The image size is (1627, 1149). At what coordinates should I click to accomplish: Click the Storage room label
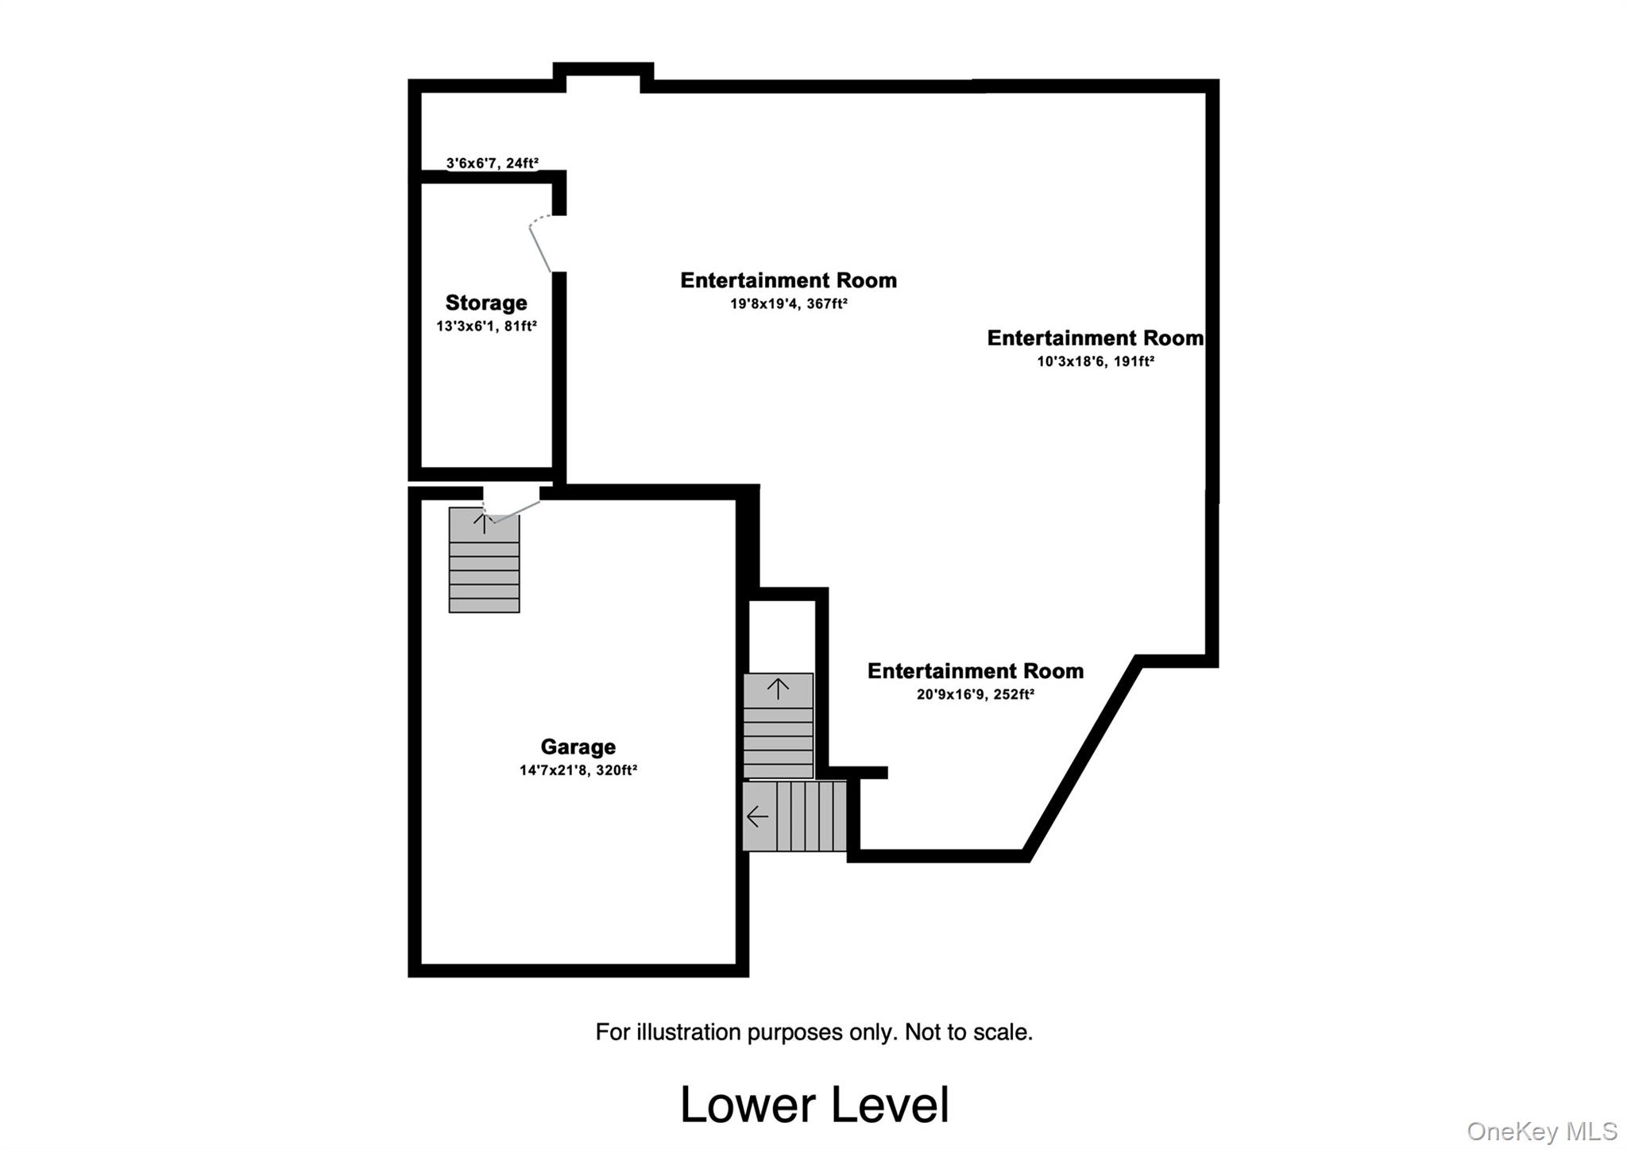[x=485, y=303]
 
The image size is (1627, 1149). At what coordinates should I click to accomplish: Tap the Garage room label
[x=578, y=746]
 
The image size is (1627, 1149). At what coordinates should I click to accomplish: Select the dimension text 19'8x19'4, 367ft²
[x=788, y=303]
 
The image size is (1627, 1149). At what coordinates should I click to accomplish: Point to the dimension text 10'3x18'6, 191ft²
[x=1095, y=361]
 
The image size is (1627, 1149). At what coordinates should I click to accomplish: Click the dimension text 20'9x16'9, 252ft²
[x=975, y=694]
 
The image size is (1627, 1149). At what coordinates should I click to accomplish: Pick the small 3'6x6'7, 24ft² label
[x=492, y=163]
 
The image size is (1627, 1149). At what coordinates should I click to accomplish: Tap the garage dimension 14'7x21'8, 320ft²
[x=578, y=769]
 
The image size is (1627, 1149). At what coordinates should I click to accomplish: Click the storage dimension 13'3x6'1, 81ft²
[x=485, y=326]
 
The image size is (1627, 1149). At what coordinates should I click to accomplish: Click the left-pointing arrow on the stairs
[x=757, y=816]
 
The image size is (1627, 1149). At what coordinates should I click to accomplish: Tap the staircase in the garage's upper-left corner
[x=484, y=560]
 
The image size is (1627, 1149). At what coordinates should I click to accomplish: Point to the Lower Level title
[x=813, y=1104]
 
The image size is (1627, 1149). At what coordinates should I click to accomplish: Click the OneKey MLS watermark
[x=1541, y=1131]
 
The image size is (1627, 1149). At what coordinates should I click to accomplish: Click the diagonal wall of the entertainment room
[x=1082, y=758]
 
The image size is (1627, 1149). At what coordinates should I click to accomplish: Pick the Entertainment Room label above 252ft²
[x=975, y=671]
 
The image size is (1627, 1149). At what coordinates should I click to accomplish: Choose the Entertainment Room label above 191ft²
[x=1095, y=338]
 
